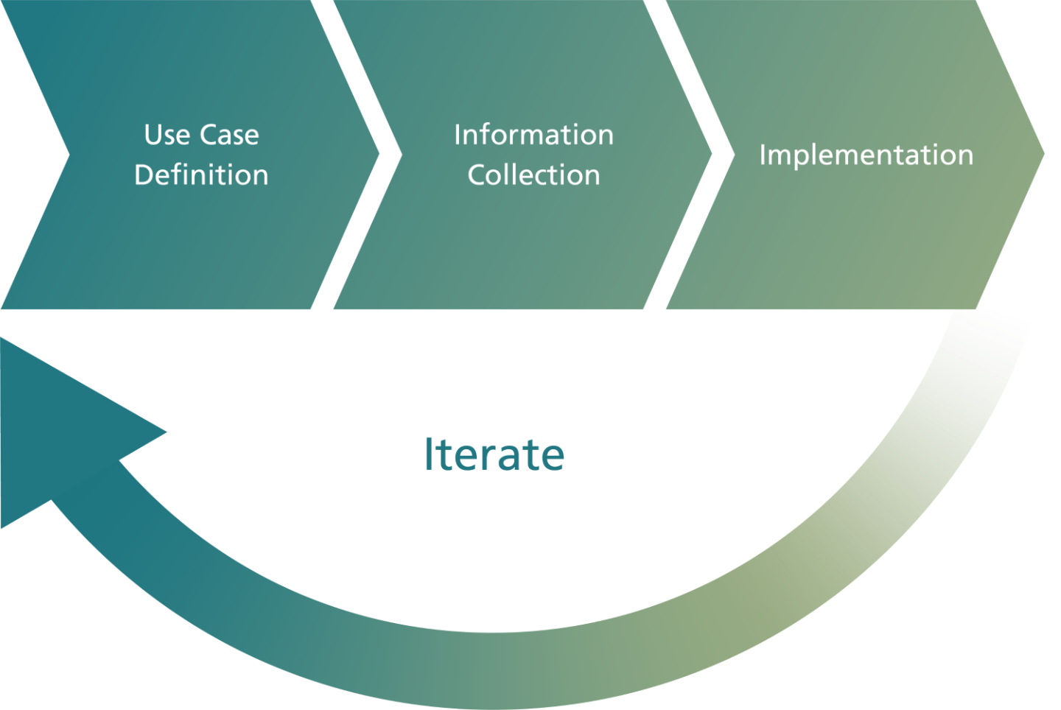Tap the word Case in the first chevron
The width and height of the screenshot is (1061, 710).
pos(230,135)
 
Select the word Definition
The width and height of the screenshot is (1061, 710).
pos(202,175)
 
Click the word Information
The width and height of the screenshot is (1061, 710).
pos(533,135)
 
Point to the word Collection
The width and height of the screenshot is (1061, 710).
pos(533,175)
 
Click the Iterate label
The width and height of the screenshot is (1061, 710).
pos(494,454)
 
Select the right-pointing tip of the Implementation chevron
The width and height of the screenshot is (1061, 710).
pos(1044,154)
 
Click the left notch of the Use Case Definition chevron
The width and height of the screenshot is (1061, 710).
pos(69,155)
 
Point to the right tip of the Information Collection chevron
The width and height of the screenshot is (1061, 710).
pos(712,154)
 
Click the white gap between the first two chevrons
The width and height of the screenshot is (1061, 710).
pos(356,155)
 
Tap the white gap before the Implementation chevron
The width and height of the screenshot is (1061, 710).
pos(689,155)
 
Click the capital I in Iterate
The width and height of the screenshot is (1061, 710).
pos(429,454)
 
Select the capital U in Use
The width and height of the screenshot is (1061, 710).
pos(153,135)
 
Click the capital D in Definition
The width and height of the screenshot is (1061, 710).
pos(144,175)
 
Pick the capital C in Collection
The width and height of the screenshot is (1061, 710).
pos(477,175)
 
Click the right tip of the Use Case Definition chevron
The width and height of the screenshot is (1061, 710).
pos(379,154)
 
